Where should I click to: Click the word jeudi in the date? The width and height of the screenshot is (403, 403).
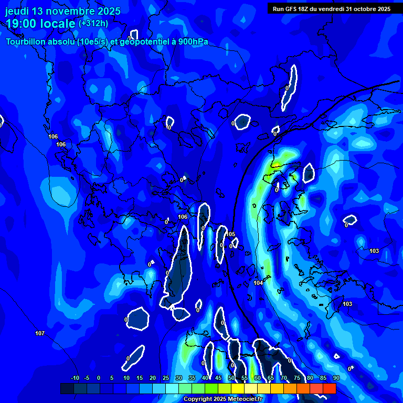[18, 12]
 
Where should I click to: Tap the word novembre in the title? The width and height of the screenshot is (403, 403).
[71, 12]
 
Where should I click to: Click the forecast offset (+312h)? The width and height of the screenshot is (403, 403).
[93, 23]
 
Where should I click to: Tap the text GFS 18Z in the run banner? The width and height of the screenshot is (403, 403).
[298, 9]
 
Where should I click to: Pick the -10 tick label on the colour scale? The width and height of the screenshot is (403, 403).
[75, 378]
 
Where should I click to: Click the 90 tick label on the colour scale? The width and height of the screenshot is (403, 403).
[336, 378]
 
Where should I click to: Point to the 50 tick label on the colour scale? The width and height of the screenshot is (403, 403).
[231, 378]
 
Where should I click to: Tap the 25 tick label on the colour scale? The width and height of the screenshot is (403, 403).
[166, 378]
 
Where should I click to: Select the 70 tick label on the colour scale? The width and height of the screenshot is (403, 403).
[284, 378]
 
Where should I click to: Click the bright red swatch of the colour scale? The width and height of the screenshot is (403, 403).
[329, 388]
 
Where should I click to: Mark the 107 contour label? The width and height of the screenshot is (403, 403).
[40, 334]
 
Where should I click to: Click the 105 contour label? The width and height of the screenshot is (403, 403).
[231, 235]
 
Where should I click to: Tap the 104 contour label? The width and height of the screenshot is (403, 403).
[258, 283]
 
